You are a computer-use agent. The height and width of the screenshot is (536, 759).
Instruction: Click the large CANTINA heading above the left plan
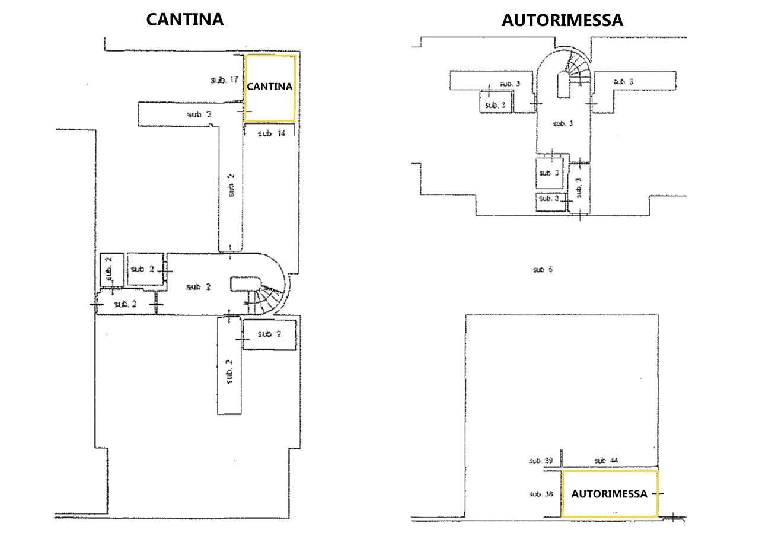185,19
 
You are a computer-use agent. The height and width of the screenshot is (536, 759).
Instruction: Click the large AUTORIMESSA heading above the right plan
562,20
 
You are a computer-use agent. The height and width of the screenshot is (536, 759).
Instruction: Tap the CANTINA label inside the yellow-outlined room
270,87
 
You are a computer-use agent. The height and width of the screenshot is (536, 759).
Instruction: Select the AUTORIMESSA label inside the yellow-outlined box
609,494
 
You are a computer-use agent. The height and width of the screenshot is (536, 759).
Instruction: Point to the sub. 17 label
224,79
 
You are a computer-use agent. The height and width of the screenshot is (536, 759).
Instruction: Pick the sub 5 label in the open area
542,270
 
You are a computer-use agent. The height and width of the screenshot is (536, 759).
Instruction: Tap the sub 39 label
540,461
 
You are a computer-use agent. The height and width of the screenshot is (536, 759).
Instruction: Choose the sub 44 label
607,461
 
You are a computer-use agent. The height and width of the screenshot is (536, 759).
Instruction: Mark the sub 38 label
540,493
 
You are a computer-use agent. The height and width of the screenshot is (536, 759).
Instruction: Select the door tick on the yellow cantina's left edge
240,111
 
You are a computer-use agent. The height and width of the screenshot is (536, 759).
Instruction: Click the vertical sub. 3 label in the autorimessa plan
579,187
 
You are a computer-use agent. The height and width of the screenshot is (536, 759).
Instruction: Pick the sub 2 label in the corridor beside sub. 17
199,114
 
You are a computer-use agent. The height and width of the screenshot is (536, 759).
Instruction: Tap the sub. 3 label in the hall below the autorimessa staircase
563,123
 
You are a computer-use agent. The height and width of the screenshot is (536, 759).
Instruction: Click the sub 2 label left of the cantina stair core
198,287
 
